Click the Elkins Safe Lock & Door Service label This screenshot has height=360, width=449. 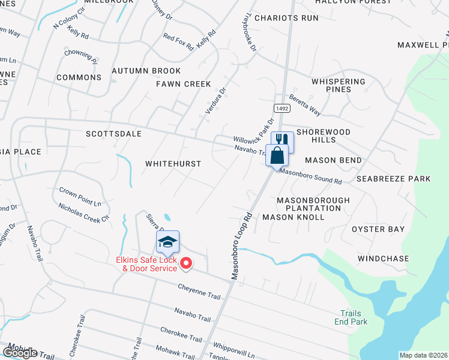coord(146,264)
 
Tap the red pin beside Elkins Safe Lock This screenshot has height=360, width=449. coord(186,263)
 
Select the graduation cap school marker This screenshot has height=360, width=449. coord(168,242)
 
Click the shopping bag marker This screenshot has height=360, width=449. coord(277,155)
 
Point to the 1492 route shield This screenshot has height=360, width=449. coord(282,107)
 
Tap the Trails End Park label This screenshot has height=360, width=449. coord(351,317)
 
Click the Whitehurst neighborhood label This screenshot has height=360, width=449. coord(173,163)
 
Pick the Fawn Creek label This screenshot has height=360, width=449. coord(184,84)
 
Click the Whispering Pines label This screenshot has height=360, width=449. coord(339,85)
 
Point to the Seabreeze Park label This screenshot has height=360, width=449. coord(393,179)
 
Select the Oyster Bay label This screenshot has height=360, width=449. coord(378,229)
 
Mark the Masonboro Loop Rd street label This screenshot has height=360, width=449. coord(240,245)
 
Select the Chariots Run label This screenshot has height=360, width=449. coord(286,18)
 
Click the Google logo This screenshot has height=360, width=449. coord(20,352)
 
